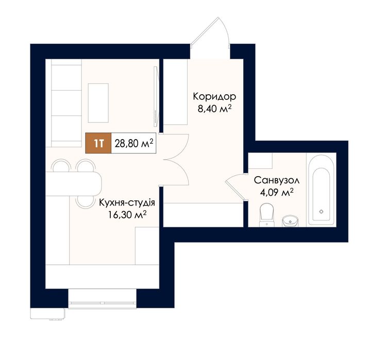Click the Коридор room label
pos(214,97)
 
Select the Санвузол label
pos(277,181)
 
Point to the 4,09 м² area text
pos(277,193)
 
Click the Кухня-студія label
pos(127,202)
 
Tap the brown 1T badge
pos(98,143)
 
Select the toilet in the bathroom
pos(266,215)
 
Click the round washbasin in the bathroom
pos(290,221)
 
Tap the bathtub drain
pos(322,211)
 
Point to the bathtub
pos(322,190)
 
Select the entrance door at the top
pos(210,32)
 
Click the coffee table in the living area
pos(98,103)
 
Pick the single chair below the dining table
pos(86,202)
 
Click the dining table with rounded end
pos(73,184)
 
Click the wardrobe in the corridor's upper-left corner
pos(175,92)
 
